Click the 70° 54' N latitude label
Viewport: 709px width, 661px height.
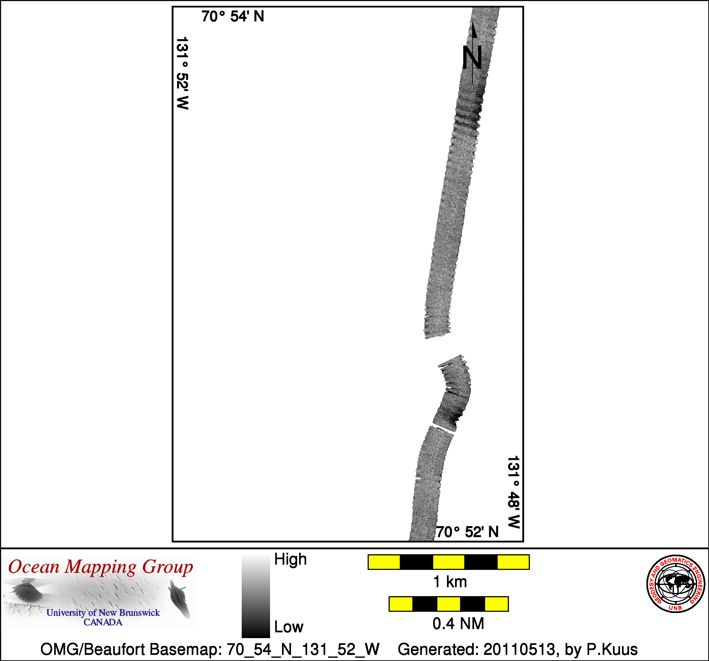(x=233, y=16)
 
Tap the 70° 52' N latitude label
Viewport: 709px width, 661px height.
(x=467, y=532)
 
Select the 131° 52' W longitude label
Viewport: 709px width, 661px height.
(x=183, y=73)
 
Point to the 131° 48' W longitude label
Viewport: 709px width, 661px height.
(x=514, y=492)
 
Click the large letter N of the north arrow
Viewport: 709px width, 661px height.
(x=472, y=57)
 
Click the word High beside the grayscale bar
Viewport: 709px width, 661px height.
(x=290, y=559)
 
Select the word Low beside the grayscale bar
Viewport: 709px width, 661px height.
(x=288, y=627)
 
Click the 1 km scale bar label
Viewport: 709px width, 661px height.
(x=450, y=582)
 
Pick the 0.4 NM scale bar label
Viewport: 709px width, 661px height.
(x=458, y=624)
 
